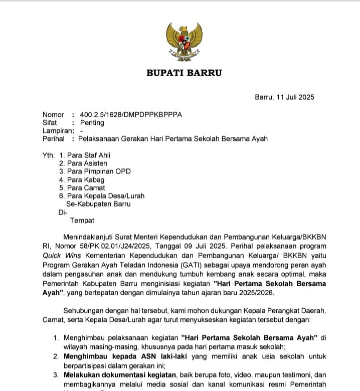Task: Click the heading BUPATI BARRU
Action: pos(184,73)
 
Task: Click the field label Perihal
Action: pos(54,138)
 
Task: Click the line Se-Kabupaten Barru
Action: pos(98,204)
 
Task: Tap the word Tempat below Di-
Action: pos(82,220)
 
